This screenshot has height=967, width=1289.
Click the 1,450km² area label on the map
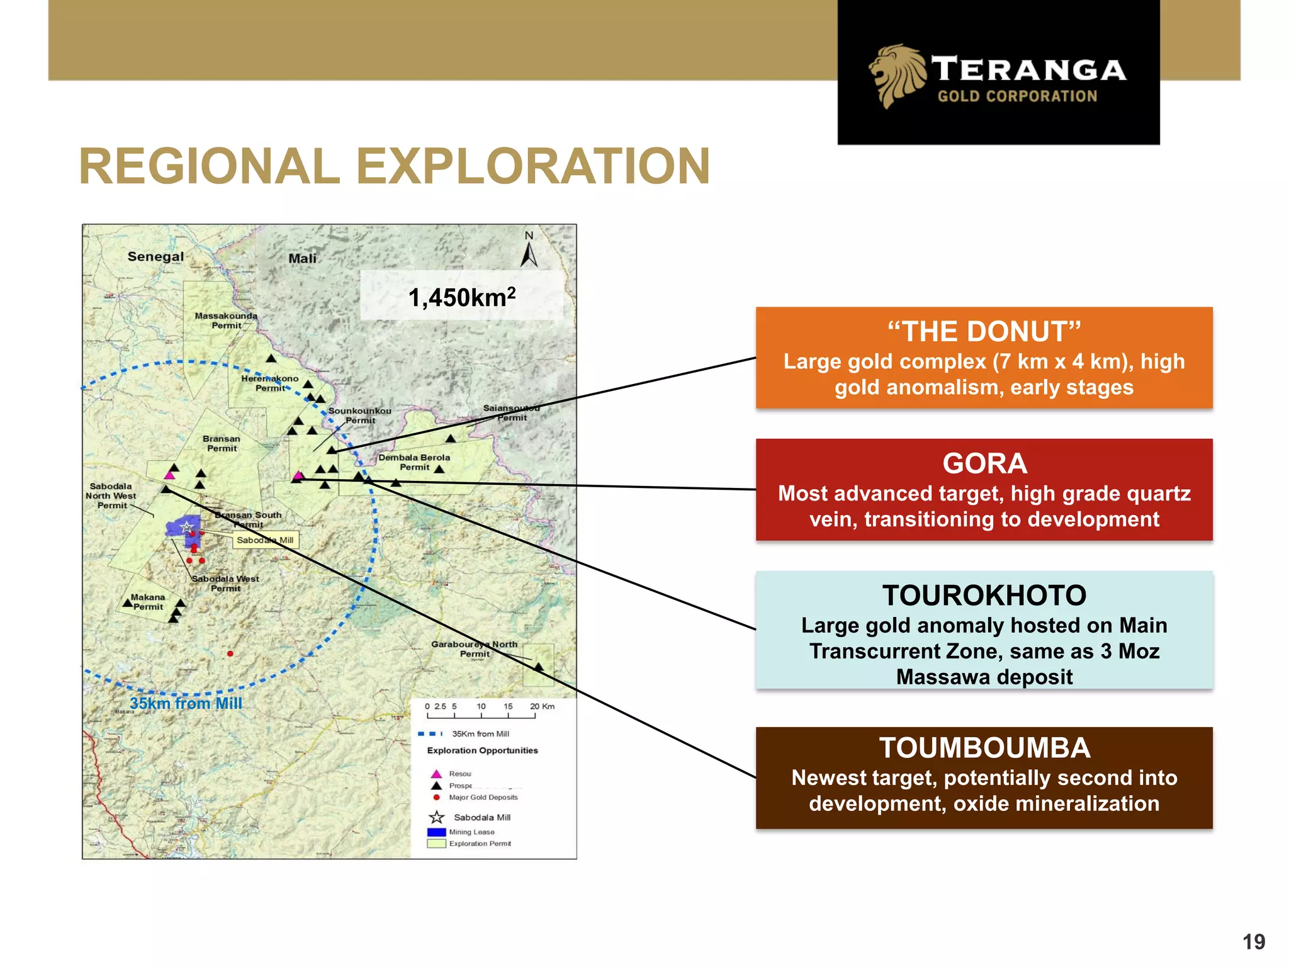461,297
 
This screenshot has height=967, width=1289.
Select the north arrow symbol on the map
529,252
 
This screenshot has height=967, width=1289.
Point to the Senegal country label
155,257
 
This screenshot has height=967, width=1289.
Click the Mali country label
302,259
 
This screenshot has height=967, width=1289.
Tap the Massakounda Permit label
226,320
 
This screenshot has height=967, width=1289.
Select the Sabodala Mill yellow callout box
265,540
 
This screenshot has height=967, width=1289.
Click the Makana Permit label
148,602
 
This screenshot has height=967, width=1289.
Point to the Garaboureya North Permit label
474,649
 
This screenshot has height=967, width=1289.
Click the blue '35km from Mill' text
186,703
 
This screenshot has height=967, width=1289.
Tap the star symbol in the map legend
436,817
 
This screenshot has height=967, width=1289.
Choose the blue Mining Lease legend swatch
436,832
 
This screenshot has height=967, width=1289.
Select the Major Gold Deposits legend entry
483,798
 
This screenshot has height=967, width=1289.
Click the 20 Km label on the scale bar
542,706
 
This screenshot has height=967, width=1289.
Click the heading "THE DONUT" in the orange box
984,332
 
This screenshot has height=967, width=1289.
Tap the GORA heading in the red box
984,464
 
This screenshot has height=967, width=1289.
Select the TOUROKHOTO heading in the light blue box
984,596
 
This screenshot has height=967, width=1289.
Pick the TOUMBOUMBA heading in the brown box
984,748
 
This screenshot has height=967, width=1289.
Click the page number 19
1253,942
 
